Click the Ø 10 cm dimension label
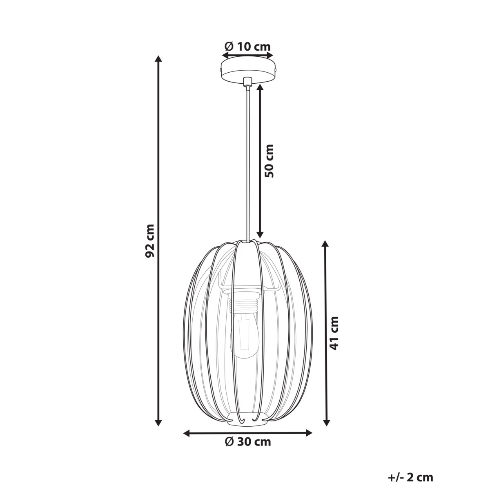pyautogui.click(x=247, y=46)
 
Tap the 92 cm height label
pyautogui.click(x=150, y=241)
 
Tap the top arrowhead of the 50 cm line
pyautogui.click(x=260, y=88)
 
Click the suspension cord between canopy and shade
pyautogui.click(x=247, y=163)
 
